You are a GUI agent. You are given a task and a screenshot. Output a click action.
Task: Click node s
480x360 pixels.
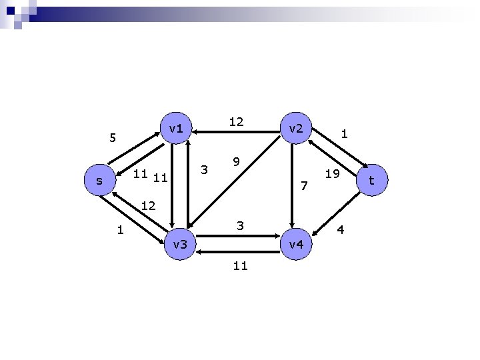pos(99,181)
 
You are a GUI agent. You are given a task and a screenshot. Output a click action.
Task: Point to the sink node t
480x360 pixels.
pos(372,181)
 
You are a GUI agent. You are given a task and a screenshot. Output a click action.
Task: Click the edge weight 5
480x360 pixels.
pos(113,139)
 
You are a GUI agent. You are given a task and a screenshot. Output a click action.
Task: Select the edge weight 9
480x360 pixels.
pos(236,162)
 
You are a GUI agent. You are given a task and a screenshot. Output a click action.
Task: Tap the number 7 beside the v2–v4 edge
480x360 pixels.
pos(304,185)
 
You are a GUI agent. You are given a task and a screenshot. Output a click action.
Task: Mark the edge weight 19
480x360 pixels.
pos(332,174)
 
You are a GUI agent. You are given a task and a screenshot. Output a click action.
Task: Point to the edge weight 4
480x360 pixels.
pos(340,230)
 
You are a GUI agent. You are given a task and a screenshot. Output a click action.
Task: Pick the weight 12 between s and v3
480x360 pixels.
pos(148,206)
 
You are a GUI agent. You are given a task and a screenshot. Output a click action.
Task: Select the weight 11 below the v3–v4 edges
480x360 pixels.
pos(241,266)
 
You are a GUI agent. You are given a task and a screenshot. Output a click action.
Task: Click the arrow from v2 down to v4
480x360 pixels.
pos(291,187)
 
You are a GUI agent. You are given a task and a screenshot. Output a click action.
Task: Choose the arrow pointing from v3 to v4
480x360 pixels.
pos(237,235)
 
